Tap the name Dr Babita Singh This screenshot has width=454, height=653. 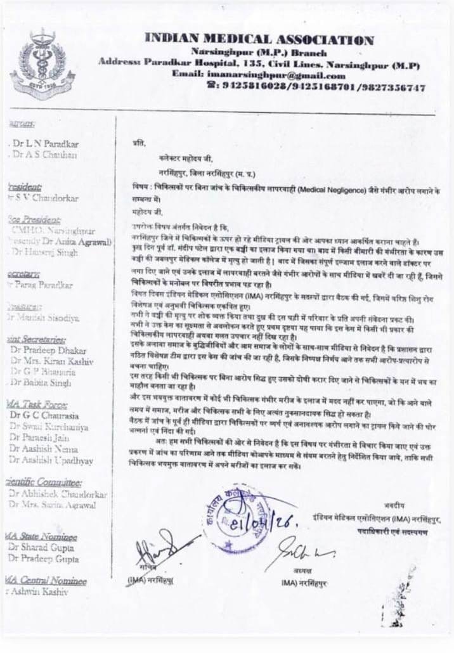41,383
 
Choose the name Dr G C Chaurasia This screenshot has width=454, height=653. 45,415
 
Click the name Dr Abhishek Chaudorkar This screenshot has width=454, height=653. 58,495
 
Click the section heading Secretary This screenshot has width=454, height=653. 23,273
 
